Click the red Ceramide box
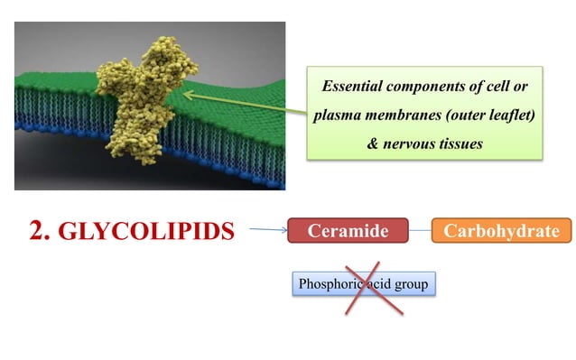pyautogui.click(x=348, y=232)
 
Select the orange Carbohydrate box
pyautogui.click(x=502, y=232)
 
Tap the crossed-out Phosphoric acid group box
pyautogui.click(x=364, y=285)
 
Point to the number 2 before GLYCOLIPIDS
pyautogui.click(x=37, y=232)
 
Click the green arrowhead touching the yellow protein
pyautogui.click(x=189, y=92)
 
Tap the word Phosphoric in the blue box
pyautogui.click(x=328, y=285)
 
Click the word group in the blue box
pyautogui.click(x=412, y=285)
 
